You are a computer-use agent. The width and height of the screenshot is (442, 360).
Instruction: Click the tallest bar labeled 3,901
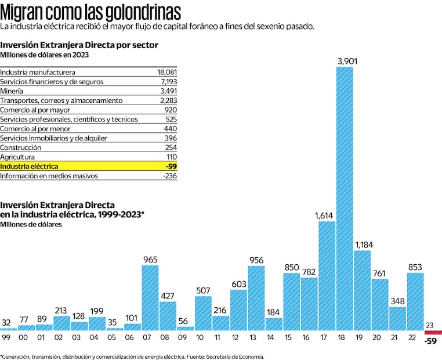tap(345, 199)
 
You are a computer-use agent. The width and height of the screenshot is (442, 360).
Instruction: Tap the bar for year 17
tap(327, 276)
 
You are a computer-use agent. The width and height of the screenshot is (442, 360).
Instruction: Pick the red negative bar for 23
tap(433, 333)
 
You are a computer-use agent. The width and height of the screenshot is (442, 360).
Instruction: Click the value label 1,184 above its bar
tap(363, 244)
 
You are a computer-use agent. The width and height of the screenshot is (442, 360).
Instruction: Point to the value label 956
tap(256, 260)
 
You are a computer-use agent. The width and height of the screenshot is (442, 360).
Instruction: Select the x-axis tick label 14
tap(274, 337)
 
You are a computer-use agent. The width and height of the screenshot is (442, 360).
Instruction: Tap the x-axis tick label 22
tap(415, 337)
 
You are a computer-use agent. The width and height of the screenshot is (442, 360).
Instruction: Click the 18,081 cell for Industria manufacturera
tap(167, 73)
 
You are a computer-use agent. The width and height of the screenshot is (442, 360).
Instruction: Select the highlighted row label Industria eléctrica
tap(29, 166)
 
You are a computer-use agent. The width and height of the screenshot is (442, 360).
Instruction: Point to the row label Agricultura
tap(17, 157)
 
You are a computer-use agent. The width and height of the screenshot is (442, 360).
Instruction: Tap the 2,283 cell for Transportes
tap(168, 100)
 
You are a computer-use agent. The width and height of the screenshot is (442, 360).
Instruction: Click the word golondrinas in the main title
tap(140, 12)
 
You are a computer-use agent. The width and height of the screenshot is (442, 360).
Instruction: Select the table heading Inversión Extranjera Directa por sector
tap(79, 45)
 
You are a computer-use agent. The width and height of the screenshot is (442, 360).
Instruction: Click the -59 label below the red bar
tap(432, 341)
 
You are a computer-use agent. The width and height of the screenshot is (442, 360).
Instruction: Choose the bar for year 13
tap(256, 298)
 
